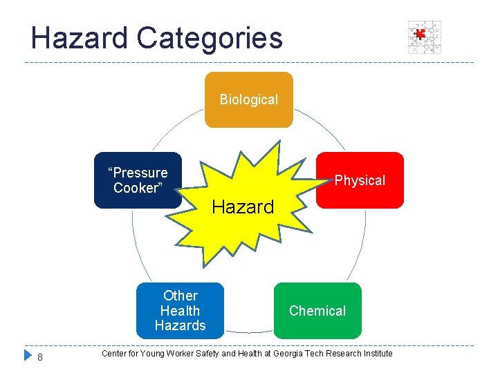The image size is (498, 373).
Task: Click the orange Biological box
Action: point(248,99)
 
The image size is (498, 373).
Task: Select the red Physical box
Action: point(360,180)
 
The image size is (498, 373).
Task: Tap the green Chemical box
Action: point(317,311)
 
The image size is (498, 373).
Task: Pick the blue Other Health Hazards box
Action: point(180,311)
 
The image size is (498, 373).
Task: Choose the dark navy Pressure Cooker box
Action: point(138,180)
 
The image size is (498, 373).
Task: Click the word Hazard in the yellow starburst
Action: point(243,207)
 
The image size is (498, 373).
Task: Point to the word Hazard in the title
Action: point(80,38)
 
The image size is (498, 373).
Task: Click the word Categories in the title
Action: point(210,38)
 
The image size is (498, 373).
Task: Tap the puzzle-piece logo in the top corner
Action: point(424,37)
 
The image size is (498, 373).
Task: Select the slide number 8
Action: point(40,357)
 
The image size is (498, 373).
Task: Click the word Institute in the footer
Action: point(377,354)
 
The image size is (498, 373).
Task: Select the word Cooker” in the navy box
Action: point(137,188)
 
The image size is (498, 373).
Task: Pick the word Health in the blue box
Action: point(180,311)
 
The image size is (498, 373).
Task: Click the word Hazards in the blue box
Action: point(180,325)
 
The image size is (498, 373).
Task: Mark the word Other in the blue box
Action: point(180,296)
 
